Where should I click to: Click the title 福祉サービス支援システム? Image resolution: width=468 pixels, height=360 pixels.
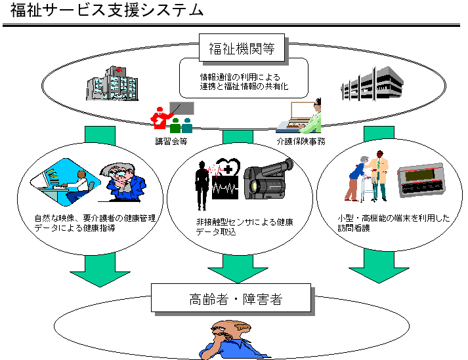pyautogui.click(x=106, y=11)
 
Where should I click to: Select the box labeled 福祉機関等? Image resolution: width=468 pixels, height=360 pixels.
pyautogui.click(x=242, y=48)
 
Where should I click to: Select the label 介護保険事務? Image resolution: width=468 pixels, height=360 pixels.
pyautogui.click(x=301, y=140)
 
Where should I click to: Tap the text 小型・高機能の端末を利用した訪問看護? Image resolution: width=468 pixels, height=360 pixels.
pyautogui.click(x=391, y=224)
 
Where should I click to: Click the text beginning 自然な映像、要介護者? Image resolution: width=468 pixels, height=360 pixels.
pyautogui.click(x=95, y=223)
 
